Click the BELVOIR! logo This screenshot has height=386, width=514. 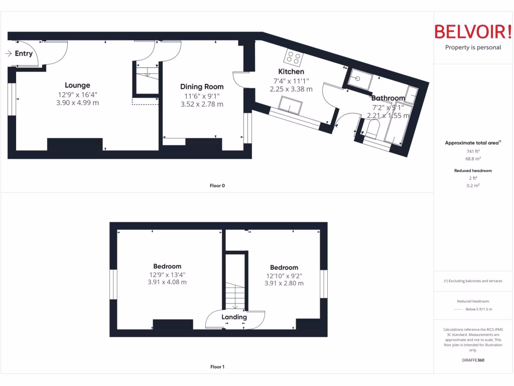(473, 32)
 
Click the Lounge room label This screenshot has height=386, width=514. (77, 85)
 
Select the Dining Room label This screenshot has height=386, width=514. (202, 87)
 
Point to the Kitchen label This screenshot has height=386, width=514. (291, 72)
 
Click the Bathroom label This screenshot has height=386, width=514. (388, 98)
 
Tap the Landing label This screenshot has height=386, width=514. (234, 317)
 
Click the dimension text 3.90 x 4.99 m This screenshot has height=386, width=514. (77, 103)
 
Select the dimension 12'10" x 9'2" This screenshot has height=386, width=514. (284, 276)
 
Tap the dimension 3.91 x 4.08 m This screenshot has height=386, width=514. (167, 282)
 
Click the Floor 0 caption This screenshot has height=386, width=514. (217, 186)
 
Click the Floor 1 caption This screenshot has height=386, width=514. (217, 367)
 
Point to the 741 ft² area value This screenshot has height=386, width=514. (473, 151)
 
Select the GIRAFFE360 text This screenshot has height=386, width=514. (473, 360)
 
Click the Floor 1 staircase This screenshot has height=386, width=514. (235, 294)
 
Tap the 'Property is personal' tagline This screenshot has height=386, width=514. (473, 48)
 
